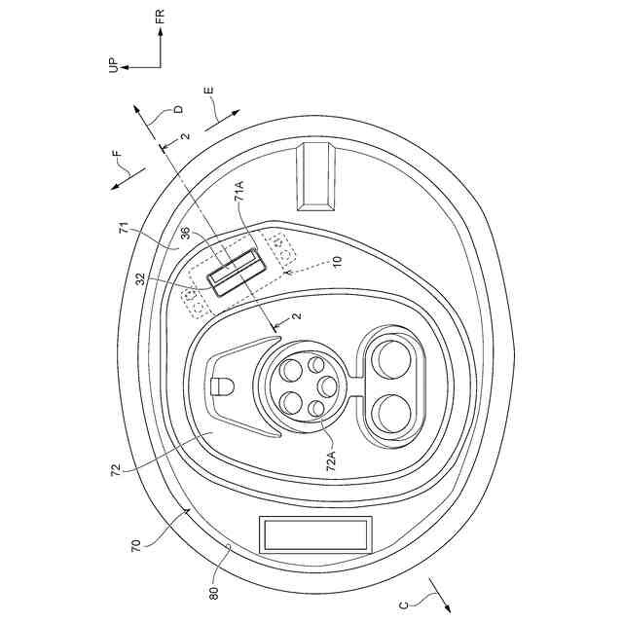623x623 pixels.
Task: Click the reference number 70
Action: (135, 545)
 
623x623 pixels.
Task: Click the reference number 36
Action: (187, 234)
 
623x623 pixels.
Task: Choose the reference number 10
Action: (337, 262)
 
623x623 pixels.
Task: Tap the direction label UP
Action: (114, 65)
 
